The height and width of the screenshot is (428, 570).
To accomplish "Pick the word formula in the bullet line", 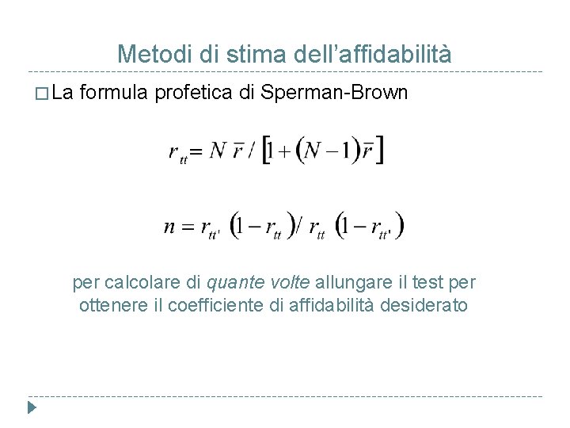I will pyautogui.click(x=114, y=93).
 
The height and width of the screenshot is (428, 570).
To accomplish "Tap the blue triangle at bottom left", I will pyautogui.click(x=32, y=409).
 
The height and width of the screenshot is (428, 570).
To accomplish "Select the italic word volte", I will pyautogui.click(x=291, y=282).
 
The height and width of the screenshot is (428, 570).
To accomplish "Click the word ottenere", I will pyautogui.click(x=109, y=305).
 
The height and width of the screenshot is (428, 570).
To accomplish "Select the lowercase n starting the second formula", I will pyautogui.click(x=170, y=227).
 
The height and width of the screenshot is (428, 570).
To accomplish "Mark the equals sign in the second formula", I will pyautogui.click(x=188, y=227).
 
